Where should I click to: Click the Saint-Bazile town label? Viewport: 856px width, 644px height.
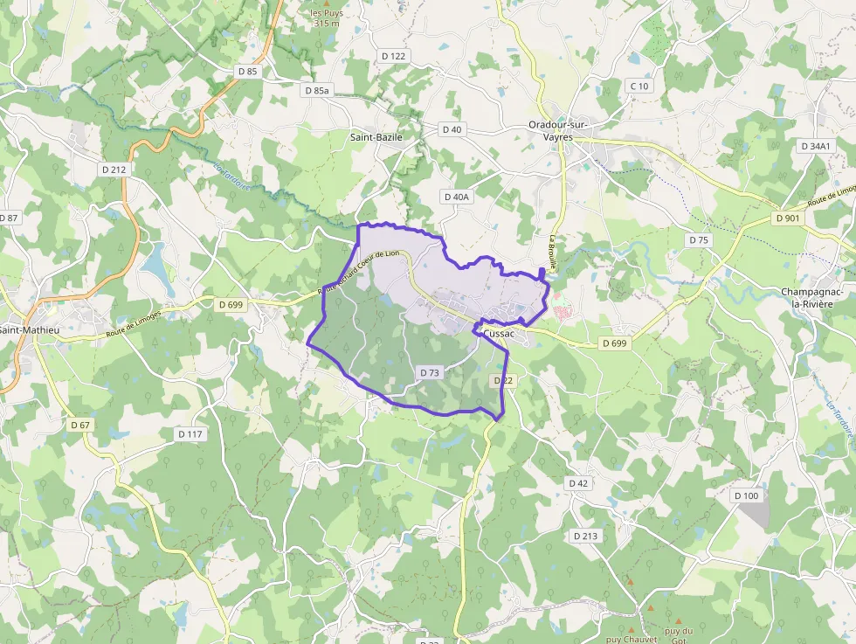pos(376,137)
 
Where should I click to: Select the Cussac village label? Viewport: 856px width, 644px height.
pos(499,334)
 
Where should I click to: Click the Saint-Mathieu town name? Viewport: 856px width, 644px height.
pos(30,330)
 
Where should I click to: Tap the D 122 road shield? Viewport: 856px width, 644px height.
pos(395,56)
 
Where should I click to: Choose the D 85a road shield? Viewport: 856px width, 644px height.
pos(319,90)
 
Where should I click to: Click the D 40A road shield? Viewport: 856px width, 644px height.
pos(456,197)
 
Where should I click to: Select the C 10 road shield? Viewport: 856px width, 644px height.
pos(639,86)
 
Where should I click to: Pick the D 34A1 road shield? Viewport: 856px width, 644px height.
pos(816,146)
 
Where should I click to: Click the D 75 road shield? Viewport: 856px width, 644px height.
pos(699,239)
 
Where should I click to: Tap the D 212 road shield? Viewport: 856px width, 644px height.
pos(114,170)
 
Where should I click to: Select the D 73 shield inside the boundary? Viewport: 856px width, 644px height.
pos(430,372)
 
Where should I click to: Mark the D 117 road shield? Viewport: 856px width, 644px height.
pos(190,433)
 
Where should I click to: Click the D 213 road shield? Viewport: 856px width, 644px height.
pos(585,536)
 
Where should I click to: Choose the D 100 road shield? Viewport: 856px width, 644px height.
pos(747,496)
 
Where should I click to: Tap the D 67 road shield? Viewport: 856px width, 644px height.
pos(79,425)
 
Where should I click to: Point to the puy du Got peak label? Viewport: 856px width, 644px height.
pos(678,634)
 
